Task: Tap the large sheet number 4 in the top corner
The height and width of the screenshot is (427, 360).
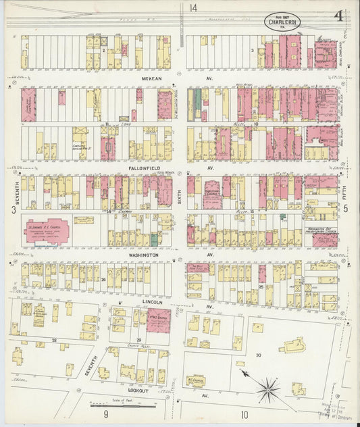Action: [x=336, y=16]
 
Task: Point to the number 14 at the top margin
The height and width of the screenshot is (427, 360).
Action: [x=194, y=8]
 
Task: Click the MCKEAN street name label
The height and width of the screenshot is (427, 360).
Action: [x=152, y=78]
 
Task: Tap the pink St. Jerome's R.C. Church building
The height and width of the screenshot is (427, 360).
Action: [x=47, y=230]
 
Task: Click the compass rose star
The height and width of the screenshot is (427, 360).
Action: [x=268, y=388]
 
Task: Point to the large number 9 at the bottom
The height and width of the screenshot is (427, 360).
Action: [x=105, y=413]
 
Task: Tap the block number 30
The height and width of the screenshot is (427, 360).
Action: [x=258, y=355]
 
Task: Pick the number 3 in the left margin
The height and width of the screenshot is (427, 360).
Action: [x=14, y=210]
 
